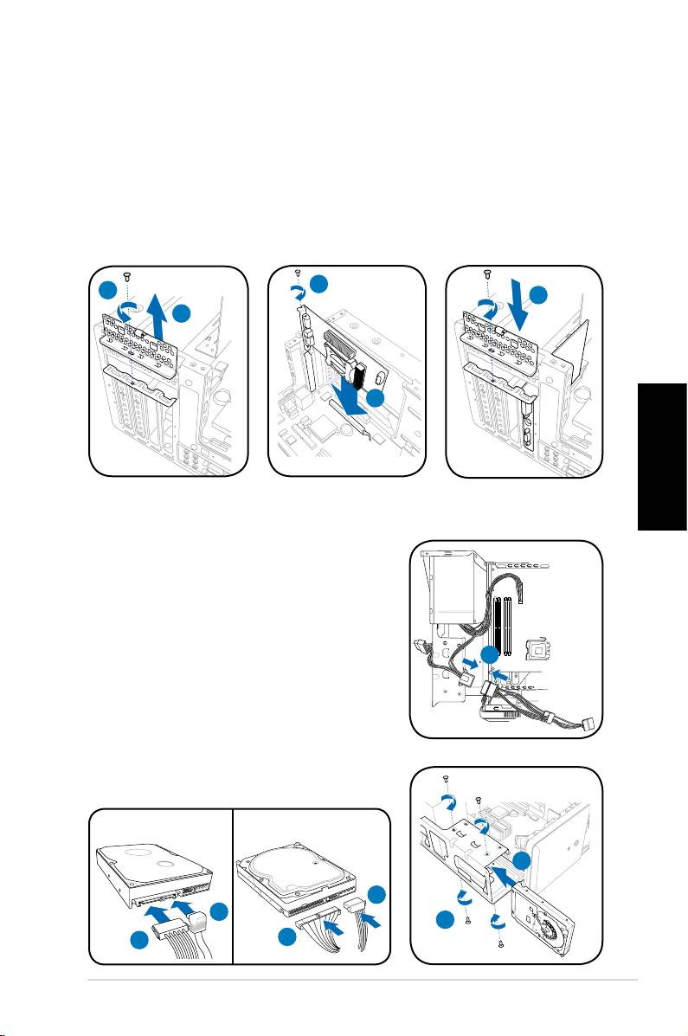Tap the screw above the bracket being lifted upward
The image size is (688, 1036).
coord(127,275)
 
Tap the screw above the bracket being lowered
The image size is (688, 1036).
coord(487,275)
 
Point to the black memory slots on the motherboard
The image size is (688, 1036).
coord(507,623)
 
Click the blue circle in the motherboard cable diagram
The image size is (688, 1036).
coord(492,657)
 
